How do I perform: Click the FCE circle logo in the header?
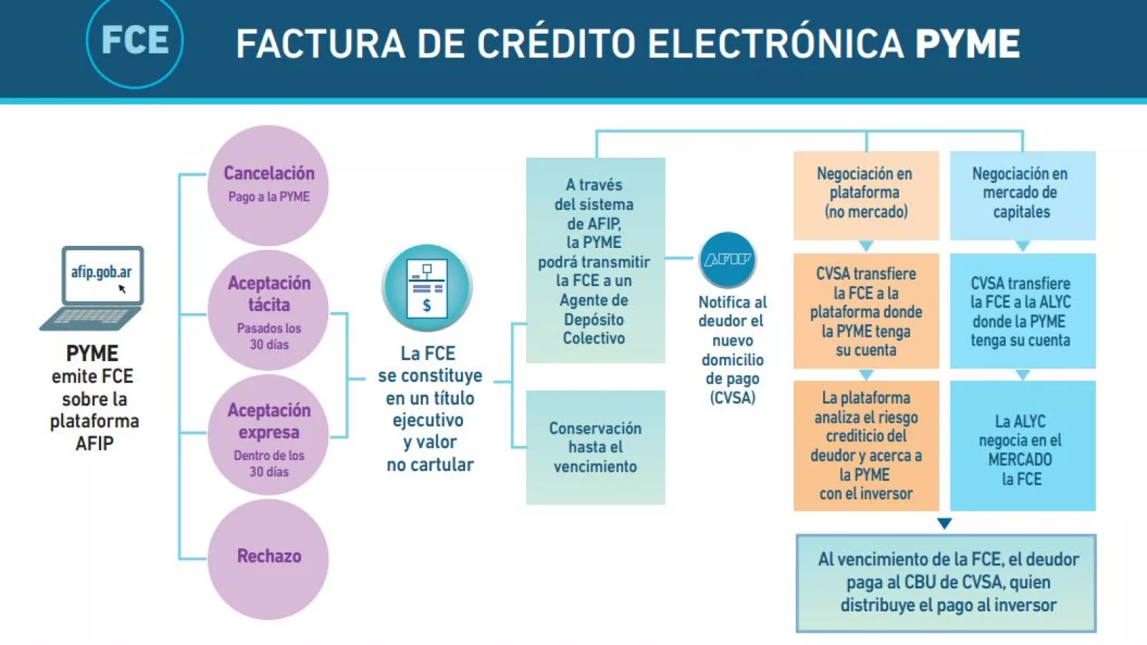135,41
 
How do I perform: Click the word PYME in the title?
967,44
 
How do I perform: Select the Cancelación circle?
269,185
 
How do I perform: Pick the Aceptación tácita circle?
269,311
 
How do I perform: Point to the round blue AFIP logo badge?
728,259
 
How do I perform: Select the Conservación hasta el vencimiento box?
595,447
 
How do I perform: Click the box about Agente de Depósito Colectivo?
595,261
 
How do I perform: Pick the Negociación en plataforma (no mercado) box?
866,194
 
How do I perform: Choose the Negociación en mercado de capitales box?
1022,194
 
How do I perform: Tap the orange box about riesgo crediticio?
866,445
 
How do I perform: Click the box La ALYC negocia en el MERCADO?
1022,446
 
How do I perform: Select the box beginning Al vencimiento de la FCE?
946,583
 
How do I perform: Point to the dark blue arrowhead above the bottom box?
945,523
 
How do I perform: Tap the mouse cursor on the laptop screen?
122,289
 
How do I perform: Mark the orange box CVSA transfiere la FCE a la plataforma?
866,311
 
